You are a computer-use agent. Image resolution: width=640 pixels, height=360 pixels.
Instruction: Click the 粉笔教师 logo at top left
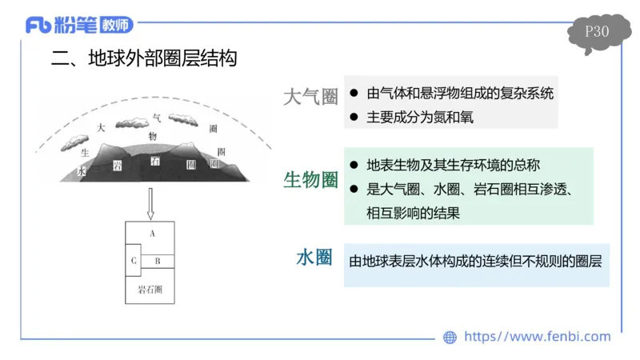[x=78, y=26]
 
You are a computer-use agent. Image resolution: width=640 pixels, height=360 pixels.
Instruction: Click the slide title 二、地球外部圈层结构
[x=144, y=59]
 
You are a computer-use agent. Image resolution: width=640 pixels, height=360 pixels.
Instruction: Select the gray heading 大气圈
[x=310, y=97]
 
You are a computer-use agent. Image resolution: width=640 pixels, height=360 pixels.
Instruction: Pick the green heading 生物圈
[x=310, y=180]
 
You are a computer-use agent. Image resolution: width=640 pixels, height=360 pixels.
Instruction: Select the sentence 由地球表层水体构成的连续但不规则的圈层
[x=475, y=261]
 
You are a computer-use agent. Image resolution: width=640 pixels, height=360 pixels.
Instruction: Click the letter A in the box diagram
[x=151, y=233]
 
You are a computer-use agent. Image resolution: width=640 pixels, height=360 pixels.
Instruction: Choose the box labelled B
[x=158, y=261]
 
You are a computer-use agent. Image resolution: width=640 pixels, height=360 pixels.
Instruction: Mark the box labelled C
[x=134, y=261]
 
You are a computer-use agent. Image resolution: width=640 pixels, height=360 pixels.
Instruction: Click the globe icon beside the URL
[x=450, y=338]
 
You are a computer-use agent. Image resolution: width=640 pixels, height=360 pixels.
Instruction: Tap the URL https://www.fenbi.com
[x=537, y=337]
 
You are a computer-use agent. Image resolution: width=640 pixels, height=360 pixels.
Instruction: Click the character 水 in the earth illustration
[x=81, y=171]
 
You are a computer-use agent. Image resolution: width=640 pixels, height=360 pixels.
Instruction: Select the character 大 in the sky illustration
[x=100, y=127]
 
